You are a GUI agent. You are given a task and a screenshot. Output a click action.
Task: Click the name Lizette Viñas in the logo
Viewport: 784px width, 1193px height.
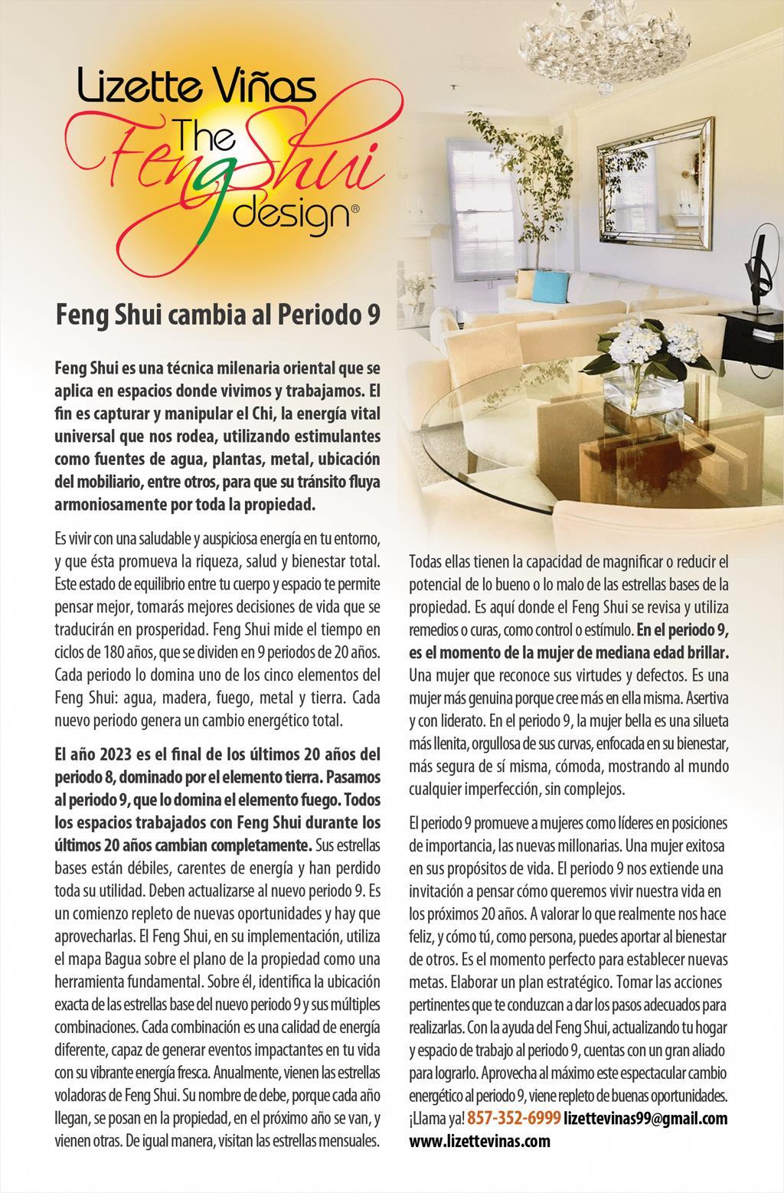point(196,87)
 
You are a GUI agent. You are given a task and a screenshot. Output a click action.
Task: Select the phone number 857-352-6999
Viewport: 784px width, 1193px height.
point(514,1118)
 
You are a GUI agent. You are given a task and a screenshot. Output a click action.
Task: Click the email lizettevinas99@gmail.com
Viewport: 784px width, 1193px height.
point(645,1118)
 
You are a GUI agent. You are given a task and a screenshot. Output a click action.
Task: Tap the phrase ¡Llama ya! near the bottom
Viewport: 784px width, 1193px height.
point(436,1118)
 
